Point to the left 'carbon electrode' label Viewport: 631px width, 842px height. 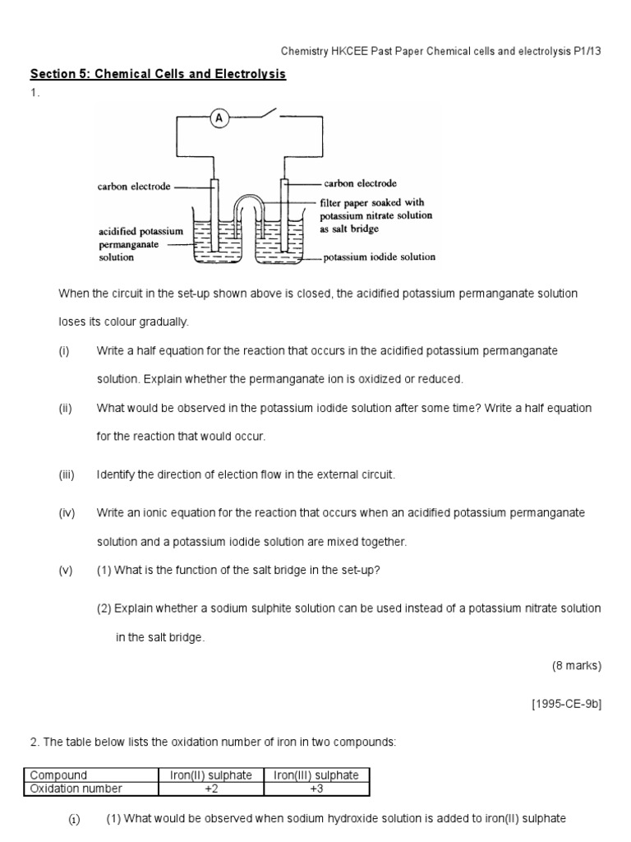pyautogui.click(x=134, y=187)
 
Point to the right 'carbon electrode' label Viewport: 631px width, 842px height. pyautogui.click(x=360, y=183)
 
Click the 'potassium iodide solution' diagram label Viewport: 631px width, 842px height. pyautogui.click(x=380, y=257)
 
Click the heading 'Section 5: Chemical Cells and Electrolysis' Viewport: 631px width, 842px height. pyautogui.click(x=158, y=75)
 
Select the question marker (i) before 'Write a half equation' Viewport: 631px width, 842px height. pyautogui.click(x=64, y=351)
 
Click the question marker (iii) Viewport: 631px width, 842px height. pyautogui.click(x=67, y=475)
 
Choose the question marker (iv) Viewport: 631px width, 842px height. pyautogui.click(x=67, y=513)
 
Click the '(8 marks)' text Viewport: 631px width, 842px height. pyautogui.click(x=577, y=667)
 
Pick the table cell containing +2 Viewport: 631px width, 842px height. pyautogui.click(x=210, y=789)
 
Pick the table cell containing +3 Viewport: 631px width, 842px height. pyautogui.click(x=316, y=789)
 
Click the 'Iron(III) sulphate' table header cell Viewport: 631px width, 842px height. pyautogui.click(x=316, y=775)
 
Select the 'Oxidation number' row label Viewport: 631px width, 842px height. pyautogui.click(x=76, y=789)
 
